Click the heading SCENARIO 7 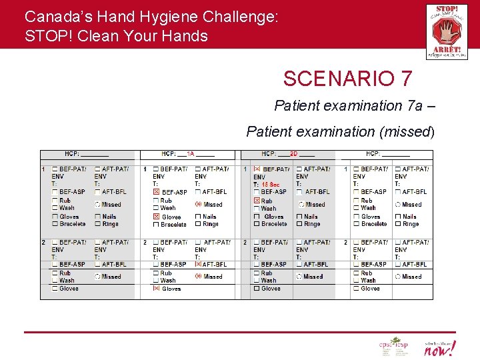[x=347, y=79]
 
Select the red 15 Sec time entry [x=270, y=185]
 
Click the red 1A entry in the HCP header [x=190, y=154]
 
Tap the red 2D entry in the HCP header [x=293, y=154]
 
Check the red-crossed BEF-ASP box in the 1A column [x=157, y=192]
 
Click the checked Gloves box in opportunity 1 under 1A [x=157, y=217]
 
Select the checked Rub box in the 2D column [x=257, y=201]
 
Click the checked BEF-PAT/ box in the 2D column [x=257, y=169]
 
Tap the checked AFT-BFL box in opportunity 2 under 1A [x=198, y=264]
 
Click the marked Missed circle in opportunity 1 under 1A [x=198, y=205]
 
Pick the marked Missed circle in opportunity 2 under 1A [x=198, y=276]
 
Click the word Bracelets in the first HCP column [x=73, y=224]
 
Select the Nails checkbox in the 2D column [x=299, y=217]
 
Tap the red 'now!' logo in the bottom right [x=441, y=347]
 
